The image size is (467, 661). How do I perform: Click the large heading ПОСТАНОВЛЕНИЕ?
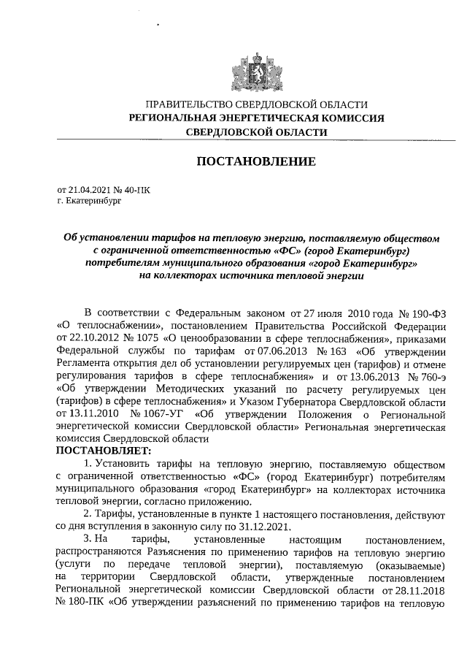point(255,161)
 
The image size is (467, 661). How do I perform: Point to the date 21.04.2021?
point(90,188)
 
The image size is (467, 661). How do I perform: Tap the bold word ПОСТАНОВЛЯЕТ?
point(103,451)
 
